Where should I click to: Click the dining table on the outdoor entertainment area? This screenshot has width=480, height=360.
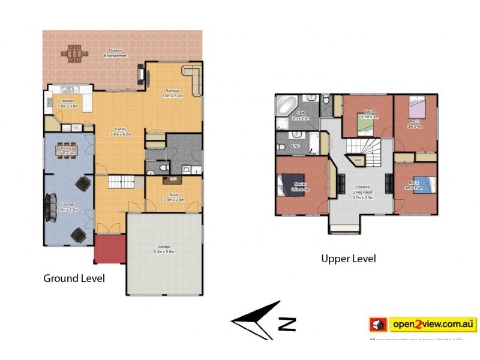coord(74,53)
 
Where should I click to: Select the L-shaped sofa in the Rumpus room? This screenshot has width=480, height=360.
coord(193,80)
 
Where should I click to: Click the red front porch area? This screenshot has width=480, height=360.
coord(109,249)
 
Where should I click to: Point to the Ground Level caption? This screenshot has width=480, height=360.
coord(74,278)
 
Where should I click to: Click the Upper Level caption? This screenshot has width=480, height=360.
coord(349,259)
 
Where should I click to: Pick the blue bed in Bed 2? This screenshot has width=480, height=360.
coord(419,183)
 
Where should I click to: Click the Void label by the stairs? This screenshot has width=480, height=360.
coord(358,160)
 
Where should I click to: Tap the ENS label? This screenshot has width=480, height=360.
coord(295,146)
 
